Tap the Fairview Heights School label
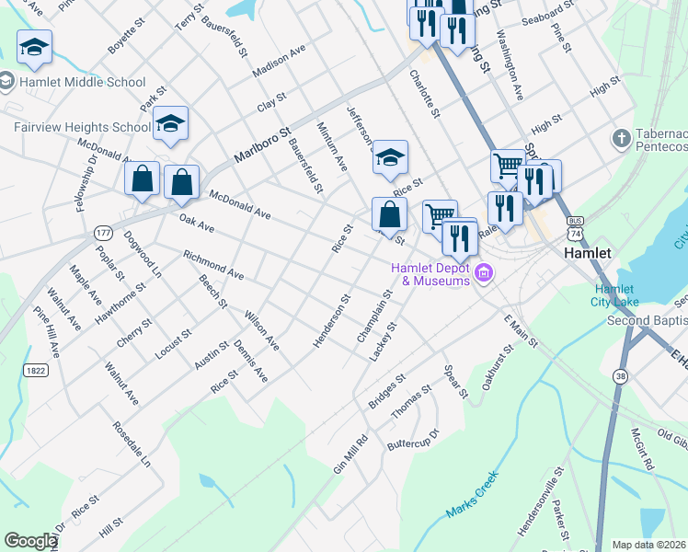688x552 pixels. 82,127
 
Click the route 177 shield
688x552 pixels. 101,235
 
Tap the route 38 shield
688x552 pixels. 621,351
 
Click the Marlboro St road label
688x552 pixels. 262,145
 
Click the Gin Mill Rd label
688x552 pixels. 350,454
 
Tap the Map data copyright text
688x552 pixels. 649,545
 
